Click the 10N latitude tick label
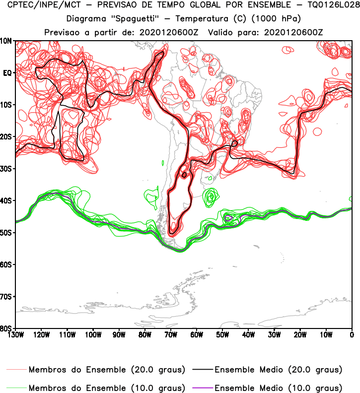point(7,41)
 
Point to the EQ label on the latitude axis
point(7,72)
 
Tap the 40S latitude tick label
point(7,200)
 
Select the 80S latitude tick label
point(7,328)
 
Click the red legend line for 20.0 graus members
point(17,370)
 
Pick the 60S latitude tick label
point(7,264)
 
